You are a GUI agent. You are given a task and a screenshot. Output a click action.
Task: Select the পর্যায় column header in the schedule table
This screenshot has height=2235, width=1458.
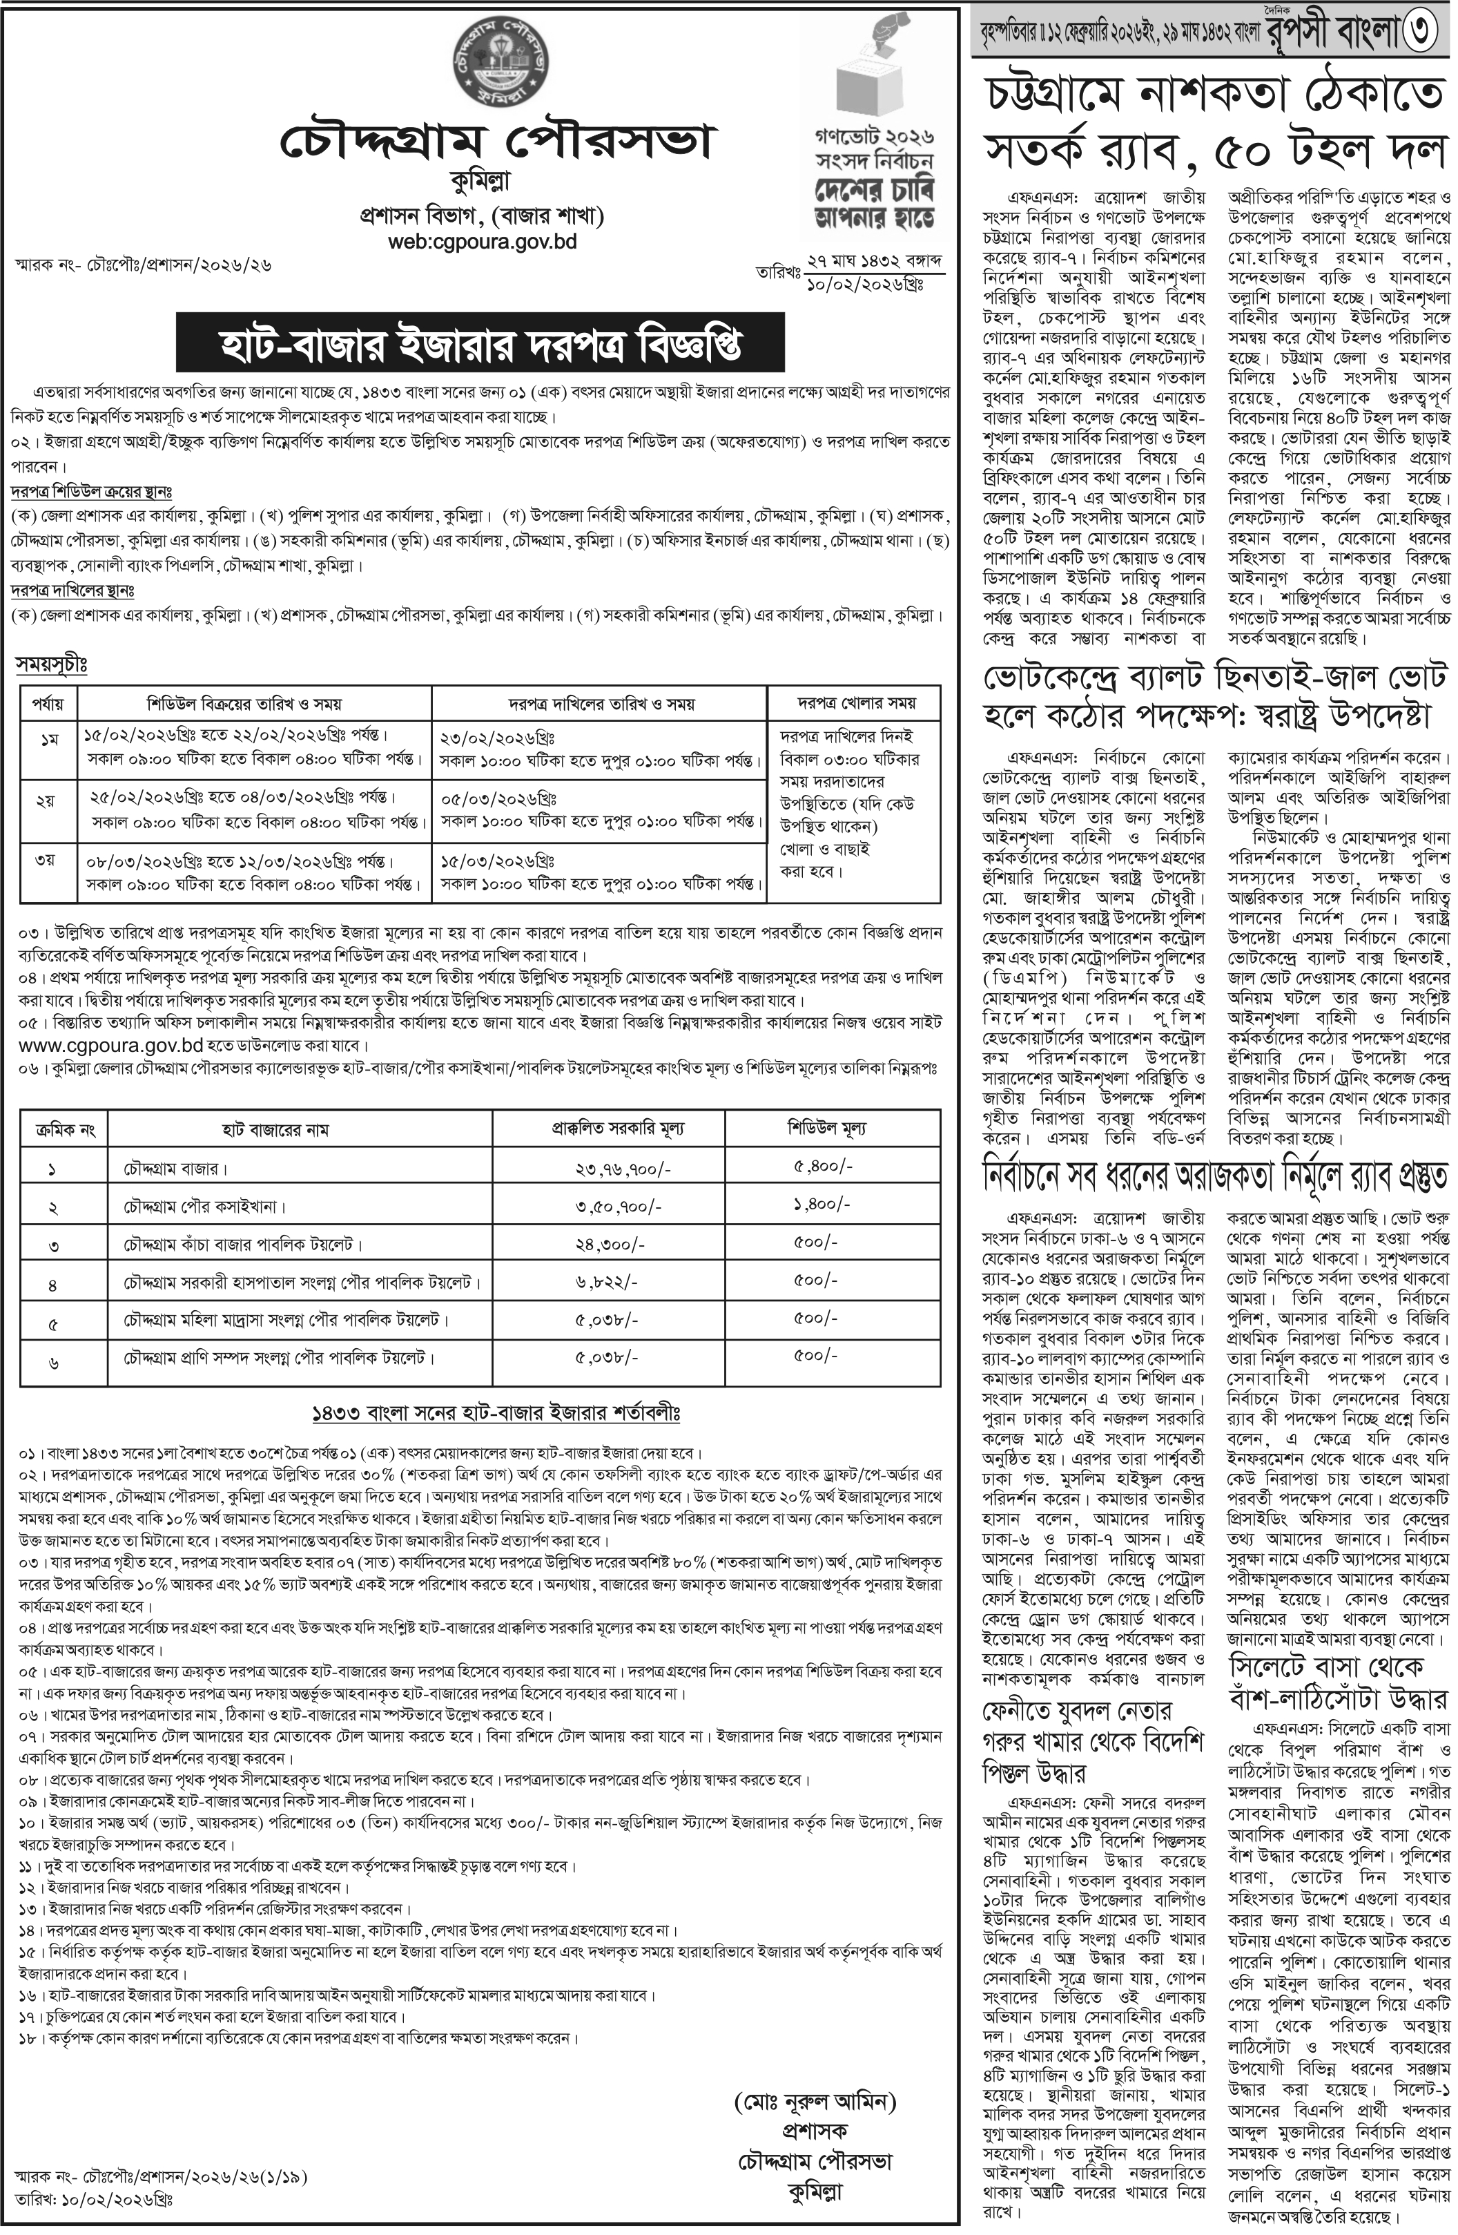click(x=49, y=703)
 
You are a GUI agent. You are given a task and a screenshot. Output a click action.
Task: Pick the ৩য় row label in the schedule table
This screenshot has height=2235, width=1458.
click(x=47, y=860)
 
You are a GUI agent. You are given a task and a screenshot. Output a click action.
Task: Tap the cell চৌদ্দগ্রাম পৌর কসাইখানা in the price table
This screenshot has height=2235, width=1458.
click(x=204, y=1206)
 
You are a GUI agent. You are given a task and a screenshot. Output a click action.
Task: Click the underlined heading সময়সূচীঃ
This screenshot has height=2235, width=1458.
click(x=50, y=664)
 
